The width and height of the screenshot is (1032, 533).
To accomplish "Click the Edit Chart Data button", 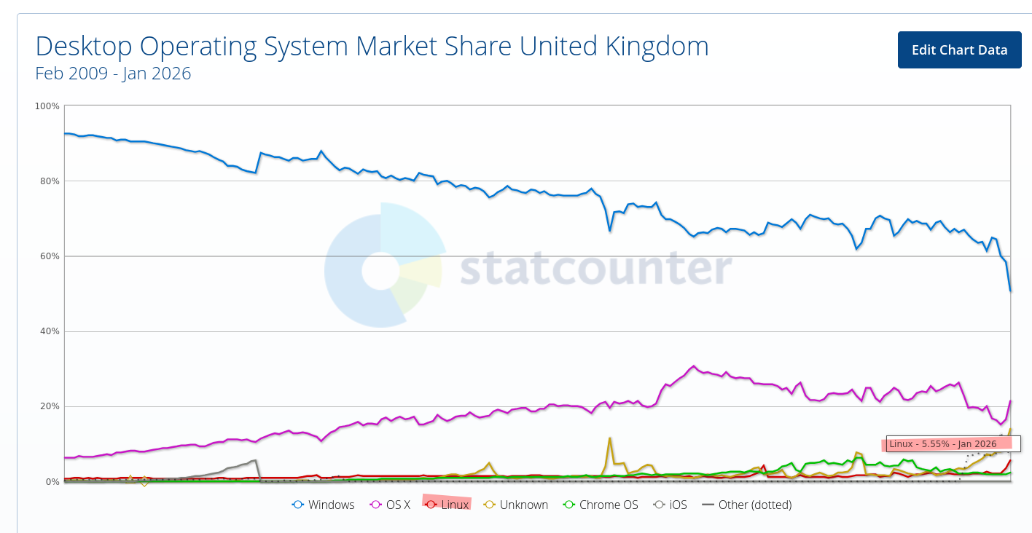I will (959, 50).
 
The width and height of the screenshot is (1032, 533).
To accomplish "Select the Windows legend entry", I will (324, 505).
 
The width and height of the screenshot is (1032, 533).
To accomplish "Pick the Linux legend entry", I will (447, 505).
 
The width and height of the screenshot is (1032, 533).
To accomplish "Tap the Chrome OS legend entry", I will (601, 505).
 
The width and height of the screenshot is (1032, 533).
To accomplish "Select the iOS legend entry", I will (670, 505).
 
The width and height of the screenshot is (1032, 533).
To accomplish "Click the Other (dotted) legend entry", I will (746, 505).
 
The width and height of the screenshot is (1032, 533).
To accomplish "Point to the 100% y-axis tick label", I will (47, 106).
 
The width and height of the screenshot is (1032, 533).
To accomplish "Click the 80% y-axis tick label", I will (49, 181).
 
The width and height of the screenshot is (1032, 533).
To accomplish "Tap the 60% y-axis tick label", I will (49, 256).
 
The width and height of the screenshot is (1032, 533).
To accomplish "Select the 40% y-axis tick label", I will (49, 331).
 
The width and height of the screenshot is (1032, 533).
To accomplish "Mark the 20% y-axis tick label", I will (49, 406).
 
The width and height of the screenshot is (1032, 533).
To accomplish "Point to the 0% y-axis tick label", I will (51, 482).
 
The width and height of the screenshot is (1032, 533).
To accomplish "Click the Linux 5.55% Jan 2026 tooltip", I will (953, 444).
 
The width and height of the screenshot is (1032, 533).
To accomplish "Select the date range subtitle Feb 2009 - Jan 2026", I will (113, 74).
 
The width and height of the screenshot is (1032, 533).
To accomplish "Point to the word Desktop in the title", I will (84, 47).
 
